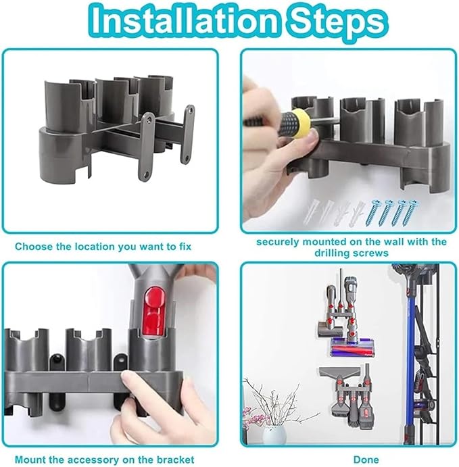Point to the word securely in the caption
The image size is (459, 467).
pos(278,241)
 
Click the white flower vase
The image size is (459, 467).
pos(274,433)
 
